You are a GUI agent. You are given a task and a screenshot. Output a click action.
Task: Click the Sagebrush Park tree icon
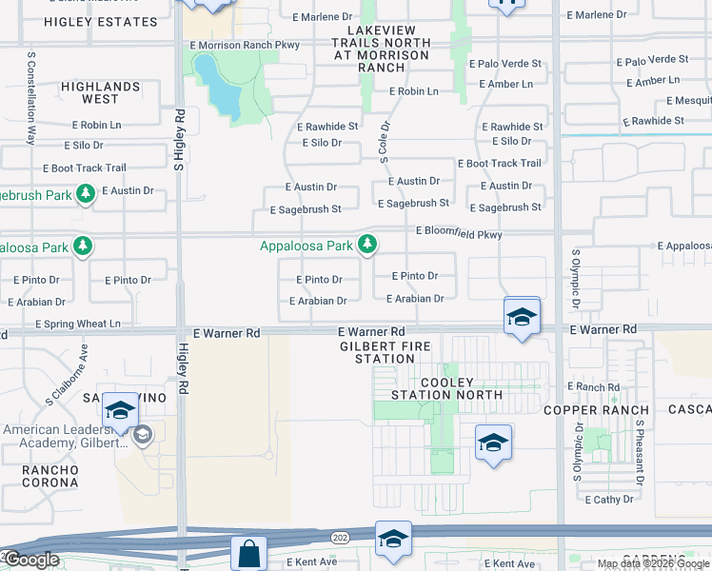click(86, 194)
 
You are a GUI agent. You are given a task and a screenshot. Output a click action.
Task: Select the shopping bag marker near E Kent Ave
click(248, 553)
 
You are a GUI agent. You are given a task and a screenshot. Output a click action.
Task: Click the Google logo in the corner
click(30, 560)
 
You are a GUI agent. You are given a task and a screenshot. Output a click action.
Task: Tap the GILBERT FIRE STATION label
click(386, 352)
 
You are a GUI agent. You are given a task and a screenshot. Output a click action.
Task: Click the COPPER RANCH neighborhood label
click(583, 409)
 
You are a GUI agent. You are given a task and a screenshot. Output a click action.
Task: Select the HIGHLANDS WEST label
click(100, 92)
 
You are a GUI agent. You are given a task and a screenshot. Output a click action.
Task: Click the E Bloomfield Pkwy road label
click(459, 233)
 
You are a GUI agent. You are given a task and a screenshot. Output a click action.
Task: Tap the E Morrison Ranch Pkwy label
click(245, 45)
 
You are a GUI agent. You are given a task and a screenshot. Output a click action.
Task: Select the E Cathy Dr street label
click(609, 499)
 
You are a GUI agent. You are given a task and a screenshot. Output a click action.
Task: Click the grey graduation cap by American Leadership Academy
click(142, 435)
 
